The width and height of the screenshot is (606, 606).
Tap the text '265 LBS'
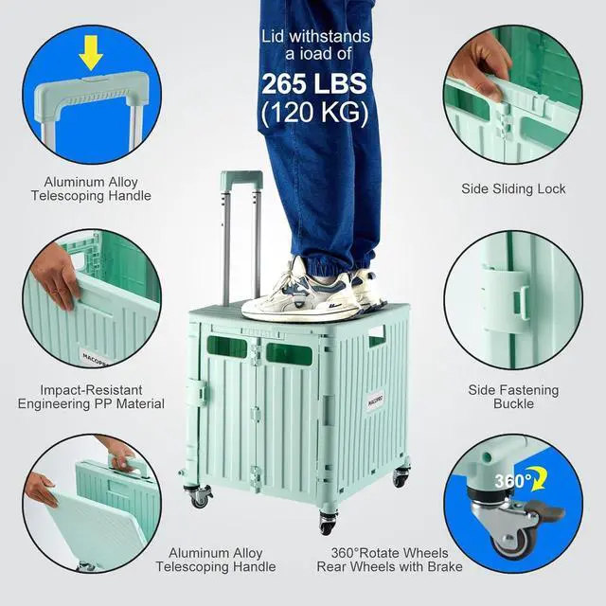(316, 81)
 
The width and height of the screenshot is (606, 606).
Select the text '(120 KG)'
(316, 112)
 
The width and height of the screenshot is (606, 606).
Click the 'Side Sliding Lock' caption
(513, 188)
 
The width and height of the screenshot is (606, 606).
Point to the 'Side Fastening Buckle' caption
(513, 397)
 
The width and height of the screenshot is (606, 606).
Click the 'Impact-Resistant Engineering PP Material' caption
(91, 397)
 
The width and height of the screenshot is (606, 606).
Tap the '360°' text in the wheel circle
(512, 481)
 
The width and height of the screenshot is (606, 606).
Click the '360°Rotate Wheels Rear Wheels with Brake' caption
(390, 559)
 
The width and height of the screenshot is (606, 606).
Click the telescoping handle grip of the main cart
(241, 178)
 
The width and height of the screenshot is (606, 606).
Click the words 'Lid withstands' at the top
(316, 37)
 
